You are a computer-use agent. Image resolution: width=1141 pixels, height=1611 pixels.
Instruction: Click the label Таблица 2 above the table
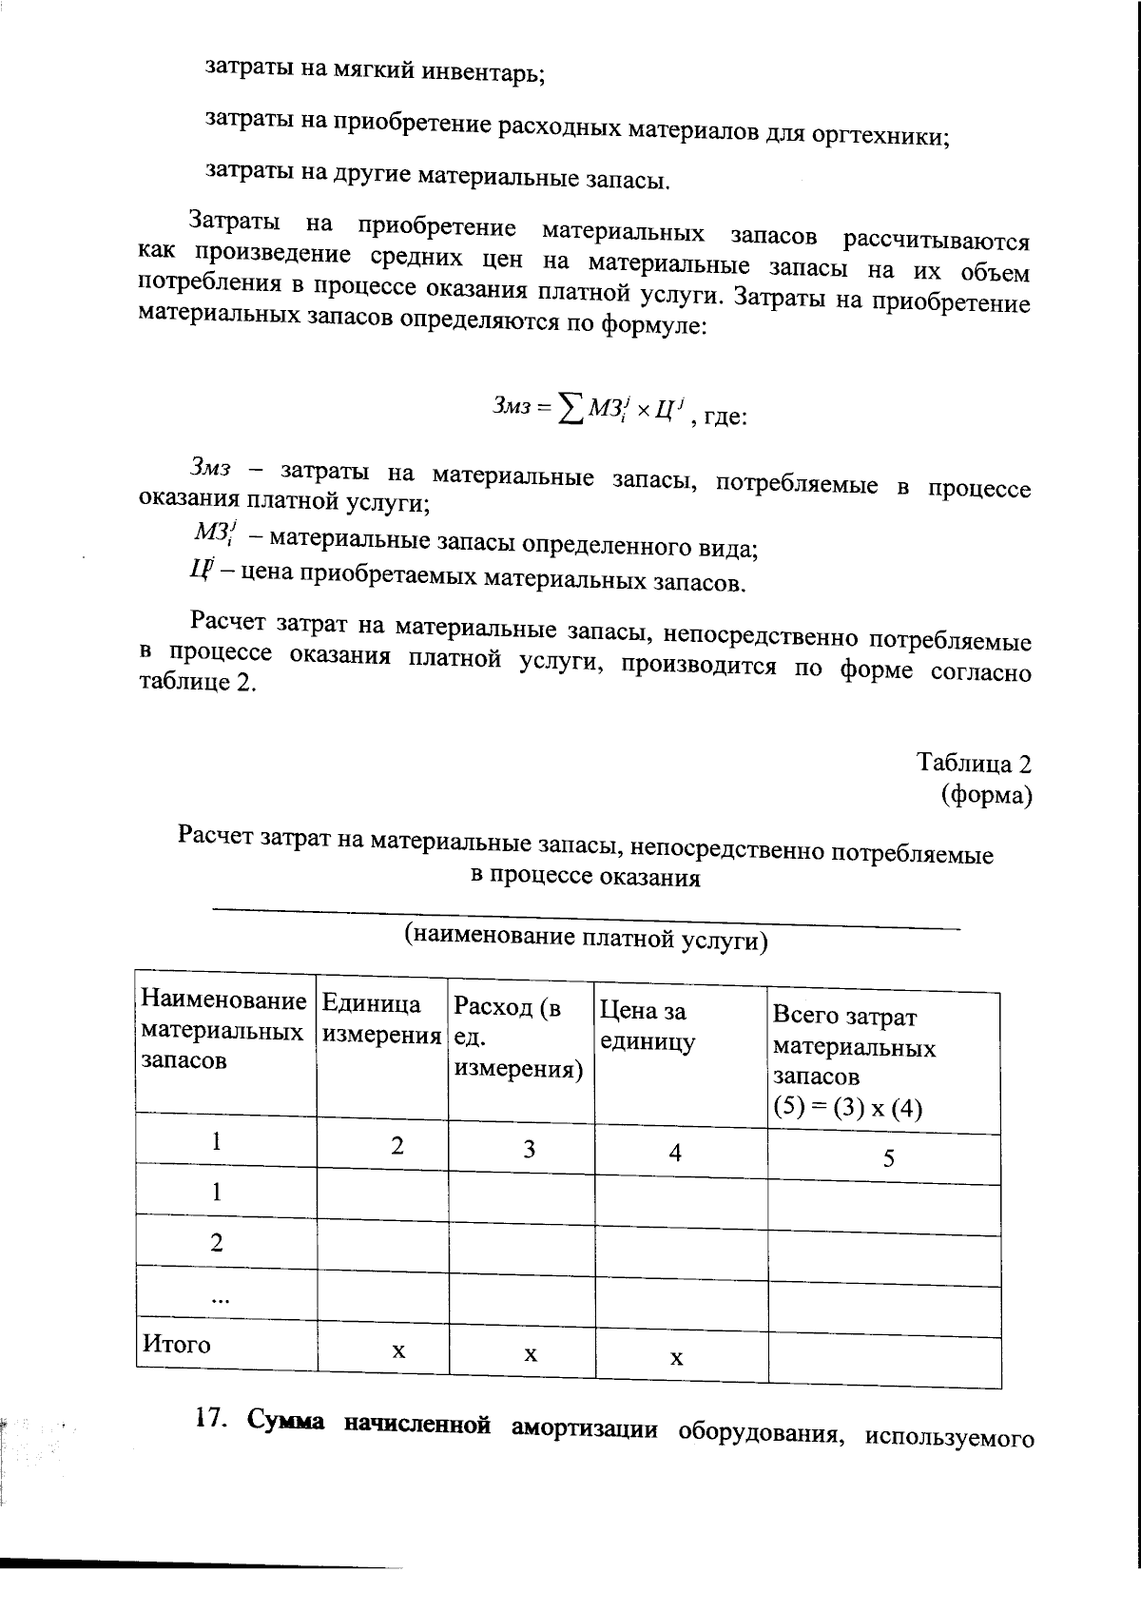pyautogui.click(x=974, y=763)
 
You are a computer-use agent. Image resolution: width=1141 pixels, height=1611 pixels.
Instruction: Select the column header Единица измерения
pyautogui.click(x=381, y=1019)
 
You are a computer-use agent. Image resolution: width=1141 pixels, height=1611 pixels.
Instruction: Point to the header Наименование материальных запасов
pyautogui.click(x=223, y=1030)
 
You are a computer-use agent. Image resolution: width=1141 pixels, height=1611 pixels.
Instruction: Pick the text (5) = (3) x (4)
pyautogui.click(x=847, y=1108)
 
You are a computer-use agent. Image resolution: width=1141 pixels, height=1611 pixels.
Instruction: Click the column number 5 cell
pyautogui.click(x=888, y=1157)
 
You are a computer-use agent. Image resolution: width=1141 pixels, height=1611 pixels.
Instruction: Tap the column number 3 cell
pyautogui.click(x=529, y=1149)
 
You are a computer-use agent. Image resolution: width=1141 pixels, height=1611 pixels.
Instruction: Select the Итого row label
pyautogui.click(x=177, y=1344)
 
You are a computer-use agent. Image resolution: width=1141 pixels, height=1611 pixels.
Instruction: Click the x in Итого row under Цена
pyautogui.click(x=676, y=1358)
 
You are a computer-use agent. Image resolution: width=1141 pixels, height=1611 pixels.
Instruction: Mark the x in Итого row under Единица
pyautogui.click(x=398, y=1350)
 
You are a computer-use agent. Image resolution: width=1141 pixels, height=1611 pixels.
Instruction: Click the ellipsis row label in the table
pyautogui.click(x=219, y=1298)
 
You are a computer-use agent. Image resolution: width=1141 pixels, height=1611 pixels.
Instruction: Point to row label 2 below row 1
pyautogui.click(x=217, y=1242)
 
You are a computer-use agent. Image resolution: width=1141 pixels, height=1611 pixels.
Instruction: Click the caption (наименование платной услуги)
pyautogui.click(x=586, y=939)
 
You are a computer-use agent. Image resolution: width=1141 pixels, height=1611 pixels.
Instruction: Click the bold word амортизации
pyautogui.click(x=584, y=1428)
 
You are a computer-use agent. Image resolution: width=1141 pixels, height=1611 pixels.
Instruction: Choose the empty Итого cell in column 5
pyautogui.click(x=884, y=1362)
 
